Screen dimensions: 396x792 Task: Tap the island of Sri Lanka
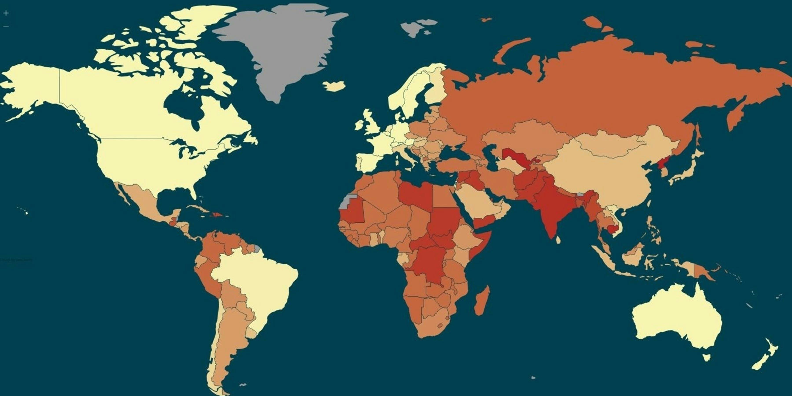(558, 239)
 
